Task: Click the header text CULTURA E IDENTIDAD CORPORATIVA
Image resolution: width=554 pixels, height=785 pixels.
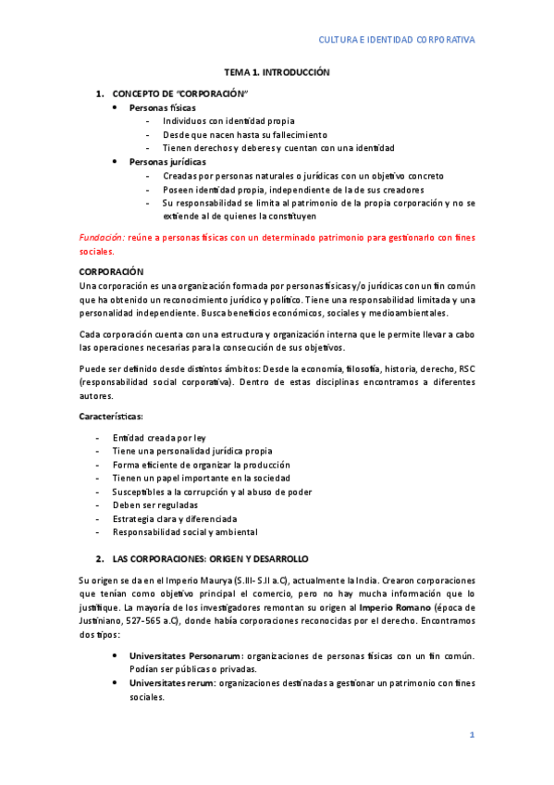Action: (x=397, y=40)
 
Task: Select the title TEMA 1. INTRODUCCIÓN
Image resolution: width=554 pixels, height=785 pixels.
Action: (x=277, y=72)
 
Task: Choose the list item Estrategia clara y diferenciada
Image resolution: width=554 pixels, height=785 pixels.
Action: (x=175, y=519)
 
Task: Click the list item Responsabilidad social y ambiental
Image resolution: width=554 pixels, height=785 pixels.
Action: (x=185, y=532)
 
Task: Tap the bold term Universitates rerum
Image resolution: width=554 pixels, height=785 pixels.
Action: (x=171, y=683)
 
